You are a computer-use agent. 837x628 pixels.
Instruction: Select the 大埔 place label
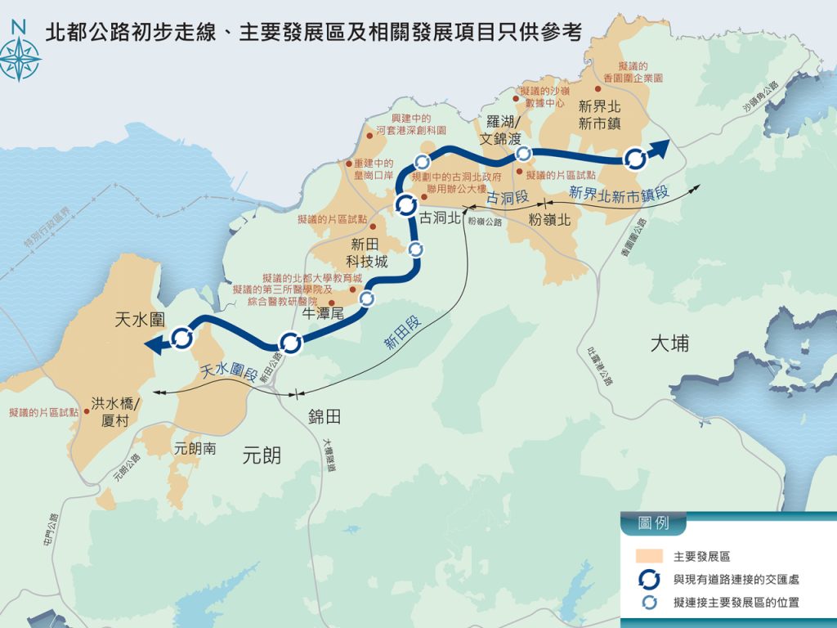(x=669, y=343)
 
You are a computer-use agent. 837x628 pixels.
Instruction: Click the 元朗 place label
(x=262, y=455)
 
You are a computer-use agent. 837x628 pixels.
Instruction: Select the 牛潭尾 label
(x=322, y=313)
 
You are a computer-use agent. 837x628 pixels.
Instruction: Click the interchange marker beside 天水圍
(x=182, y=337)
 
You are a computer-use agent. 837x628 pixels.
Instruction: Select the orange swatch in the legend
(x=649, y=556)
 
